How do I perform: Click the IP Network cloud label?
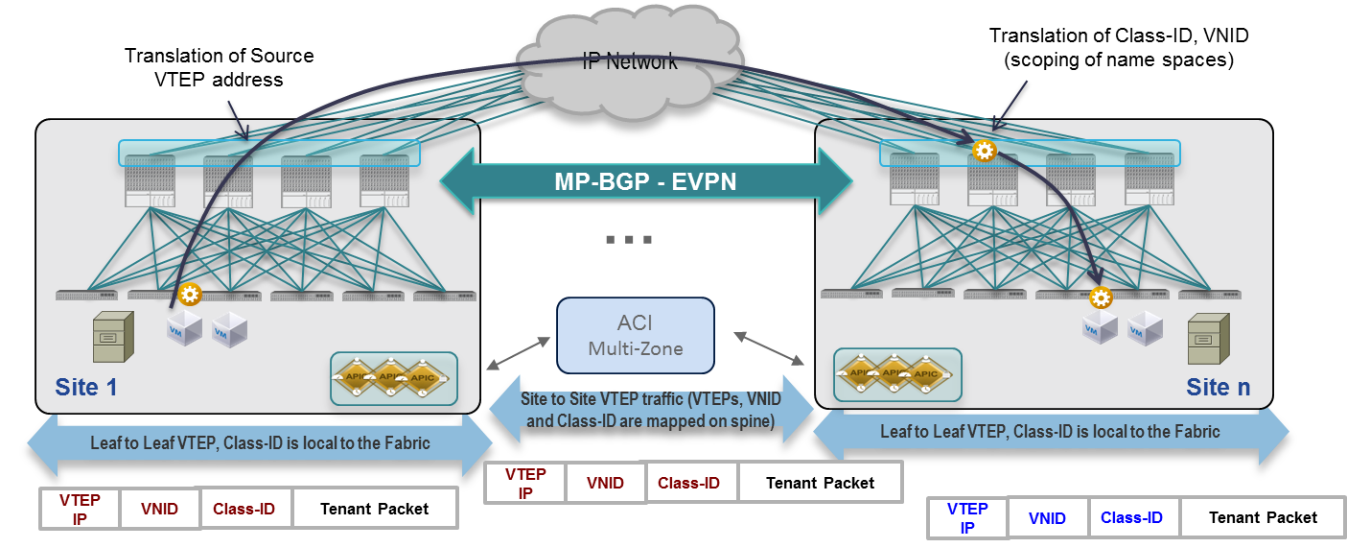point(630,61)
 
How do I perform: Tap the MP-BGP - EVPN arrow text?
point(645,180)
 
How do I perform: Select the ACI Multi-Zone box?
point(636,335)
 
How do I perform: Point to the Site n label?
point(1218,388)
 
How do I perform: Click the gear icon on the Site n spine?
point(983,151)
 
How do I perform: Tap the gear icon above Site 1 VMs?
point(189,294)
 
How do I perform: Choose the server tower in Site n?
point(1207,338)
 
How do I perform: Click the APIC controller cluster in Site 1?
point(393,378)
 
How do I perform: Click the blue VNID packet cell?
point(1047,518)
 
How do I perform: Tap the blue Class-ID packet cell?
point(1131,518)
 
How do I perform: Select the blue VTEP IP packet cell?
point(967,518)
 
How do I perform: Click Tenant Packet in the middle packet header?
point(820,483)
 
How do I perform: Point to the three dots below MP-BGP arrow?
point(628,239)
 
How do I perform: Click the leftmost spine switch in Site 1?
point(150,179)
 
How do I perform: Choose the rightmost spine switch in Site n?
point(1149,179)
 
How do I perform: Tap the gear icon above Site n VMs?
point(1100,298)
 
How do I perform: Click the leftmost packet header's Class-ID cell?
point(244,509)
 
